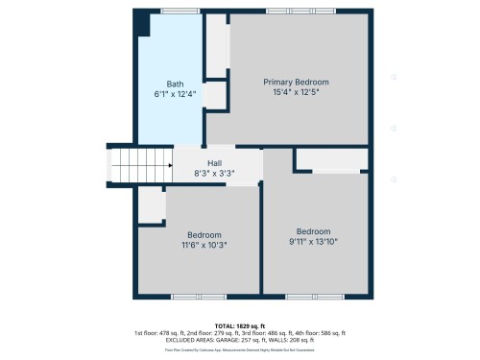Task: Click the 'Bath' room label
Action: point(175,84)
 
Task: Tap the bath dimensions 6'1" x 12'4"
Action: point(175,94)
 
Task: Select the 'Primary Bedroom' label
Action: point(296,83)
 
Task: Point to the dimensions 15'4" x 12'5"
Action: point(296,93)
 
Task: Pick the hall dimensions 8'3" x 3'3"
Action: point(214,174)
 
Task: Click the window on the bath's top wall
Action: point(174,11)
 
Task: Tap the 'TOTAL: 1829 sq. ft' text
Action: point(239,327)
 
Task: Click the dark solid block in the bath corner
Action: point(140,21)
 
